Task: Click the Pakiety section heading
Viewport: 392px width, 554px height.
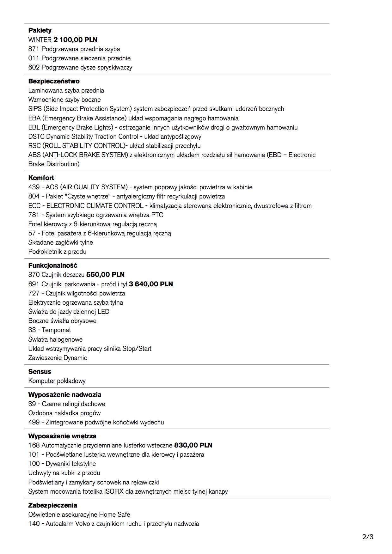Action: click(40, 30)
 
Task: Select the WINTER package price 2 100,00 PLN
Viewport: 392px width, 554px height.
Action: click(75, 40)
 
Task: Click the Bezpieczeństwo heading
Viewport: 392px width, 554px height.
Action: click(54, 81)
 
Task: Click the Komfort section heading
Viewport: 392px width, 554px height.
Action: click(41, 178)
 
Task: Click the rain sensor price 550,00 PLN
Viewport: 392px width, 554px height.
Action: click(105, 275)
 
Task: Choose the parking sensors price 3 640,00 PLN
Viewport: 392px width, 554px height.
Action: click(151, 284)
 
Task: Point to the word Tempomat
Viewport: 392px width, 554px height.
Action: click(56, 330)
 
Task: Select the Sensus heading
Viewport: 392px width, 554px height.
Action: click(40, 372)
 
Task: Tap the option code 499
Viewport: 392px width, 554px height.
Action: click(34, 422)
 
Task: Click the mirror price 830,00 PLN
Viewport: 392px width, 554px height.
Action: click(193, 445)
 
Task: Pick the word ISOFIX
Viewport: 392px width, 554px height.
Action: click(114, 491)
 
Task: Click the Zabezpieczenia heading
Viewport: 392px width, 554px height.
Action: click(52, 505)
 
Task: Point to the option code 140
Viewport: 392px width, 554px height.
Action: click(34, 524)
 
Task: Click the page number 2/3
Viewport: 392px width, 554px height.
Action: click(368, 537)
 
